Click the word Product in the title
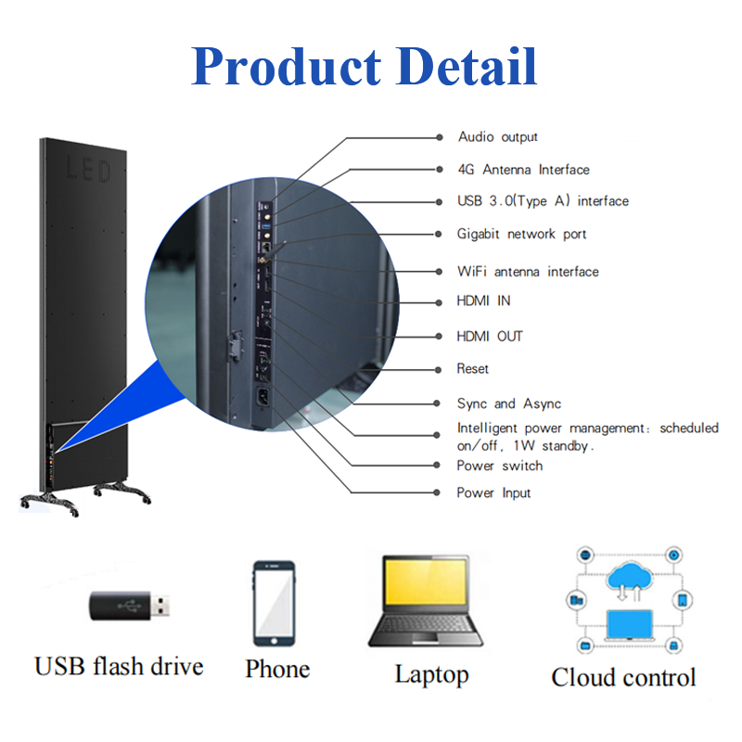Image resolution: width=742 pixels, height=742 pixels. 286,67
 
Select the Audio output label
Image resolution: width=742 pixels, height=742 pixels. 498,137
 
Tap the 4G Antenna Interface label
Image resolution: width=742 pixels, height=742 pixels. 523,170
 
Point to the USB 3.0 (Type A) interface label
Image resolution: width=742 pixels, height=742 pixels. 543,201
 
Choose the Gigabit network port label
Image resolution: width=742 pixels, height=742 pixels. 522,235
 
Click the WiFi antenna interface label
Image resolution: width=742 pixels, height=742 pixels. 528,272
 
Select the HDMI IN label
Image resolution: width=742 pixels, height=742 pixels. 483,301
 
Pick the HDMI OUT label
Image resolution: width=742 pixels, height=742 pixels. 490,336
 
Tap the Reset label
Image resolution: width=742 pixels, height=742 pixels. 473,369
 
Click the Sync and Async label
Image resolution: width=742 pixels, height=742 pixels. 508,404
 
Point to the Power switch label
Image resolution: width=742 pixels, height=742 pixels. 499,466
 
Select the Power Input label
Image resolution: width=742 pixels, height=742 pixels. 493,493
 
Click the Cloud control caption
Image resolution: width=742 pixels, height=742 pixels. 623,677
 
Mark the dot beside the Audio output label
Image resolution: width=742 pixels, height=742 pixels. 440,137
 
